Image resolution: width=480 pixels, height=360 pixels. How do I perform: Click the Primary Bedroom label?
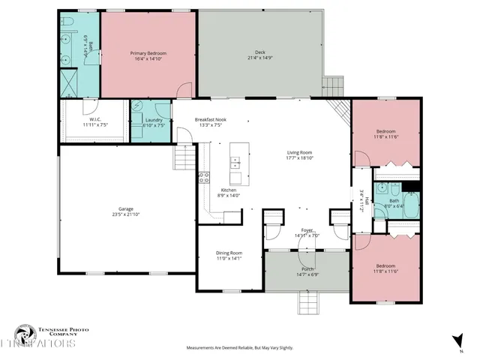pos(148,53)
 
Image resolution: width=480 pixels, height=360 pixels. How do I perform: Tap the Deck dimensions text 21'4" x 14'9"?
pos(262,58)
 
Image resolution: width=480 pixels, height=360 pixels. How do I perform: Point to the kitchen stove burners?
pos(203,178)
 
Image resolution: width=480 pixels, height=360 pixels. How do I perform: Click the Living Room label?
pos(300,153)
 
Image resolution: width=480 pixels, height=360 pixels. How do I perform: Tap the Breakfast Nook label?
pos(211,120)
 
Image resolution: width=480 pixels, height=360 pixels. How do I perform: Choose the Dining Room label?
pos(229,253)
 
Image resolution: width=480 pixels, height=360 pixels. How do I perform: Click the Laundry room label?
pos(155,120)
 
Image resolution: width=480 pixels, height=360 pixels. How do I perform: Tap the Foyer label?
pos(307,230)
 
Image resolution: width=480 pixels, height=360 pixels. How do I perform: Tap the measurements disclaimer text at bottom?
pos(240,348)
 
